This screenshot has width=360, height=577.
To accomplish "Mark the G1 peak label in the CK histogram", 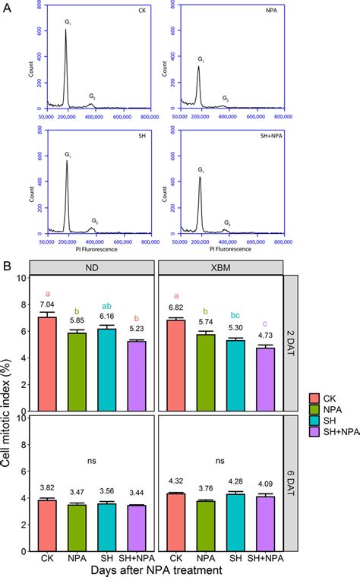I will (x=67, y=23).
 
